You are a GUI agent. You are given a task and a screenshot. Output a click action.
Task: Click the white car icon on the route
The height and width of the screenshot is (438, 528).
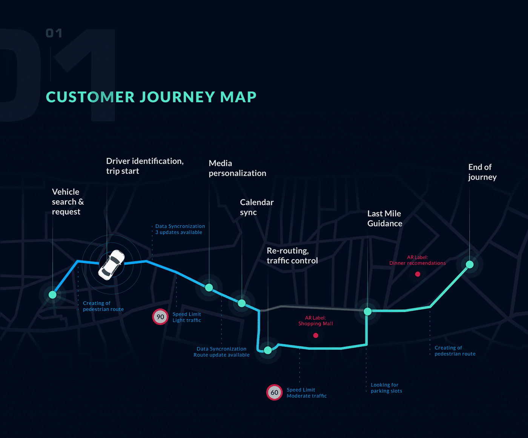[x=111, y=265]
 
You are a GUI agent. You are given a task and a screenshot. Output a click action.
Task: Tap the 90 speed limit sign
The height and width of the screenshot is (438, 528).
[x=160, y=317]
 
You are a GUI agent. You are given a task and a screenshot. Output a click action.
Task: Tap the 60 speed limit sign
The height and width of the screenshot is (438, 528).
[x=274, y=392]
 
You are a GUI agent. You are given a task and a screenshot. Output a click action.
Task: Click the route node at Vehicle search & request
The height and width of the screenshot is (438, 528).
[x=52, y=295]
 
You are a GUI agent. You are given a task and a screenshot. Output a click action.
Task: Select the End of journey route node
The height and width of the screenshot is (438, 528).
[x=470, y=265]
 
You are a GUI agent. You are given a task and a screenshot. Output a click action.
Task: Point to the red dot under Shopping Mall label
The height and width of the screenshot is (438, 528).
[x=316, y=335]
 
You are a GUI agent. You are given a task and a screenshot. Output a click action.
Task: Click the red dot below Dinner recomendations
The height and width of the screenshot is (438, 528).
[x=417, y=274]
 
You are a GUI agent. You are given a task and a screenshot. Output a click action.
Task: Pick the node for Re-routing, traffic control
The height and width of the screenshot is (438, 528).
[x=268, y=350]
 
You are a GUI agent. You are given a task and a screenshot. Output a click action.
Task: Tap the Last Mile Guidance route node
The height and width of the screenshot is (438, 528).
[x=368, y=311]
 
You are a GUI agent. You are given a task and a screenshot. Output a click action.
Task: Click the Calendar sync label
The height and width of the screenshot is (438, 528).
[x=256, y=207]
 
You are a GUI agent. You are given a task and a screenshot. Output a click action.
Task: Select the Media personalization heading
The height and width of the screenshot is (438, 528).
[x=237, y=168]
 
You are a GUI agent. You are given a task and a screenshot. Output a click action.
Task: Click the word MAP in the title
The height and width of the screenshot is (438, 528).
[x=238, y=97]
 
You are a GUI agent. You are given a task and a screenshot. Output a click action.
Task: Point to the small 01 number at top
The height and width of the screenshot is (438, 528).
[x=54, y=33]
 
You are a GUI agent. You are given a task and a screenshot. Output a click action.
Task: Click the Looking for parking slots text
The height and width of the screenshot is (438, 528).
[x=386, y=388]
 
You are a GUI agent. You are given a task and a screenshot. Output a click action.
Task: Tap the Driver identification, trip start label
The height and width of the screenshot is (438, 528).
[x=144, y=166]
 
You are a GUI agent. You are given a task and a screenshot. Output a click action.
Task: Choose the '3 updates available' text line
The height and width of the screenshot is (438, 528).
[x=179, y=232]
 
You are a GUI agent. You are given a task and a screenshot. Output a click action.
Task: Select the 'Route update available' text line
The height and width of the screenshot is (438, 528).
[x=221, y=355]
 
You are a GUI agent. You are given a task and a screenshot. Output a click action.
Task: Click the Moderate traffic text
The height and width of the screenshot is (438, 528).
[x=307, y=396]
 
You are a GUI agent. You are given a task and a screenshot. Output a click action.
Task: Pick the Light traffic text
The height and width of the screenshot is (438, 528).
[x=187, y=320]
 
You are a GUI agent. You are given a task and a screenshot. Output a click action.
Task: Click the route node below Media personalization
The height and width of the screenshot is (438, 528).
[x=209, y=288]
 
